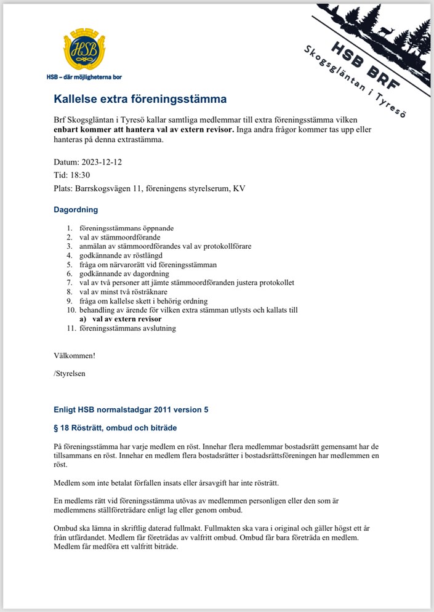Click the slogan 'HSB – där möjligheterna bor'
click(84, 78)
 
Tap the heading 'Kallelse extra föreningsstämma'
click(140, 99)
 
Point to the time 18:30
click(81, 175)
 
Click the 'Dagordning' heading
click(76, 210)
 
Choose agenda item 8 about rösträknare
click(127, 292)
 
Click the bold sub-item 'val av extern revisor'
click(127, 320)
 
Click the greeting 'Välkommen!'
click(74, 356)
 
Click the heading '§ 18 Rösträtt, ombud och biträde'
click(120, 428)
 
